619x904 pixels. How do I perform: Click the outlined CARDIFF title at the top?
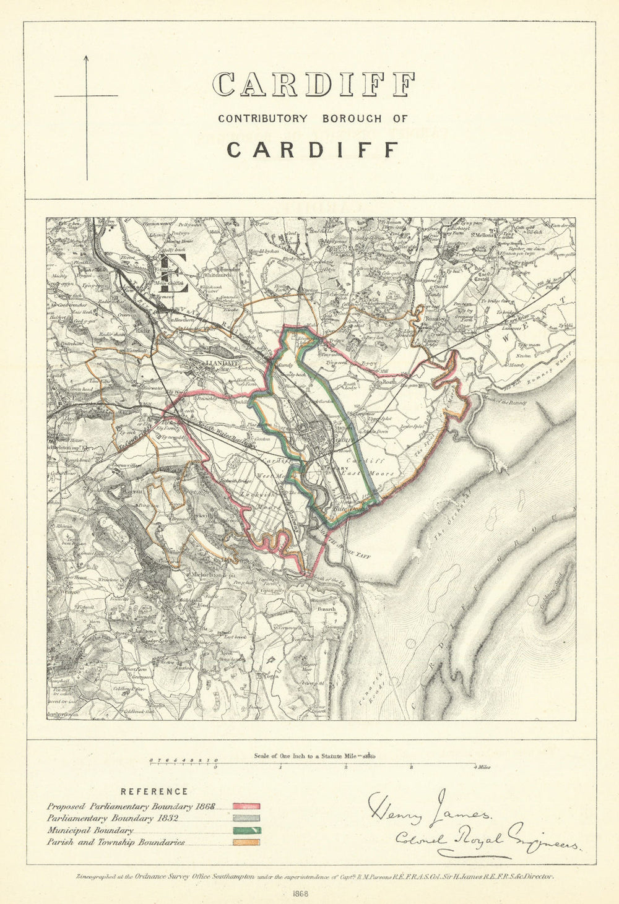tap(313, 85)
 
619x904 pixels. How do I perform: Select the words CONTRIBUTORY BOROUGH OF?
tap(313, 118)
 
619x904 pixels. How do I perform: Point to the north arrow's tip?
tap(86, 56)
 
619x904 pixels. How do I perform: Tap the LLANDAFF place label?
tap(221, 363)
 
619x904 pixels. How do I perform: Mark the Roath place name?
tap(389, 382)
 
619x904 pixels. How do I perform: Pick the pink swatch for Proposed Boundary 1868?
tap(246, 806)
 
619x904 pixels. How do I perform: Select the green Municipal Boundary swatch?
tap(246, 830)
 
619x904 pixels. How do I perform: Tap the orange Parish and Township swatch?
tap(246, 842)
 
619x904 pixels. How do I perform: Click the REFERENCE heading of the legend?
tap(154, 791)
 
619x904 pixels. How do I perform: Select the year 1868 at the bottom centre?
tap(301, 893)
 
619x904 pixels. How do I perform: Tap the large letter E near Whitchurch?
tap(174, 273)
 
